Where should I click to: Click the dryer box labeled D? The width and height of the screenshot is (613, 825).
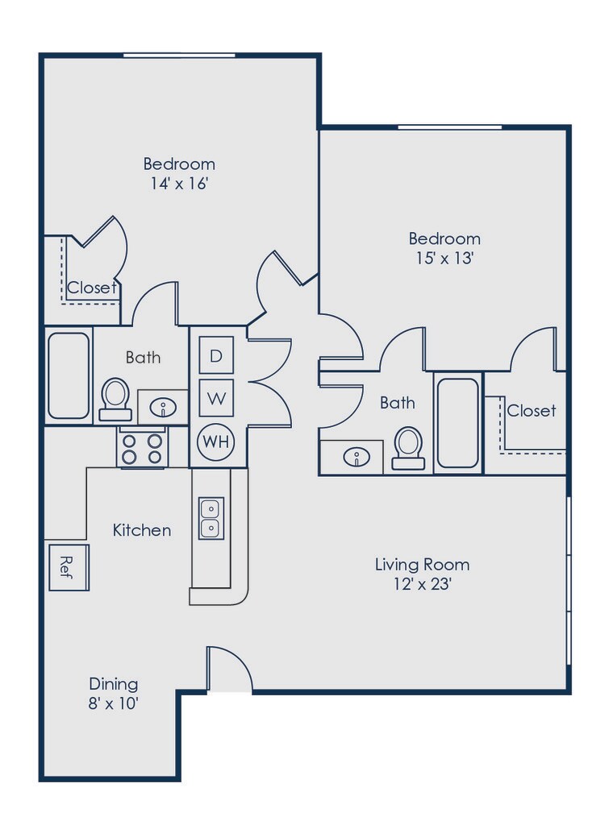click(x=216, y=355)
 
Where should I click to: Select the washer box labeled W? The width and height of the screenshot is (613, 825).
click(x=216, y=398)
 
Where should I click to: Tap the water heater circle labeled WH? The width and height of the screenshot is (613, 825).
click(x=215, y=441)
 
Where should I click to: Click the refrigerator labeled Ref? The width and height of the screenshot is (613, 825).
click(x=69, y=567)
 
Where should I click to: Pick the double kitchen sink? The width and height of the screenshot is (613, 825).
click(x=211, y=518)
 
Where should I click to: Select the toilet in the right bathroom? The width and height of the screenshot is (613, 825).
click(x=408, y=448)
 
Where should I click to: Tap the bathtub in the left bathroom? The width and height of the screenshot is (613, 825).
click(x=69, y=375)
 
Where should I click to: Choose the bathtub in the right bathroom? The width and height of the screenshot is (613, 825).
click(x=457, y=423)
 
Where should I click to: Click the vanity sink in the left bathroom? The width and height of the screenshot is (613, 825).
click(x=163, y=408)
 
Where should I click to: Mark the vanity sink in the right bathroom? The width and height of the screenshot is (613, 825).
click(x=354, y=458)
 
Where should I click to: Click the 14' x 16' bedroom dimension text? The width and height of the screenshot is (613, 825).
click(x=179, y=184)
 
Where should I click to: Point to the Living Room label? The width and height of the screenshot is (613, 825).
click(x=422, y=564)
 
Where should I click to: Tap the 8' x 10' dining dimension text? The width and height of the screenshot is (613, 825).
click(x=114, y=704)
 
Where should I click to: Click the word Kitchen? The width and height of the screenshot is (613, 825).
click(x=141, y=530)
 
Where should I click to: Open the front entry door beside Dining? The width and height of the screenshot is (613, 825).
click(x=229, y=670)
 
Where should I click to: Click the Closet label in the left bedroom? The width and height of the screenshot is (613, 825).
click(x=92, y=288)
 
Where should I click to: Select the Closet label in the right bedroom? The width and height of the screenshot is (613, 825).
click(x=531, y=410)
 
